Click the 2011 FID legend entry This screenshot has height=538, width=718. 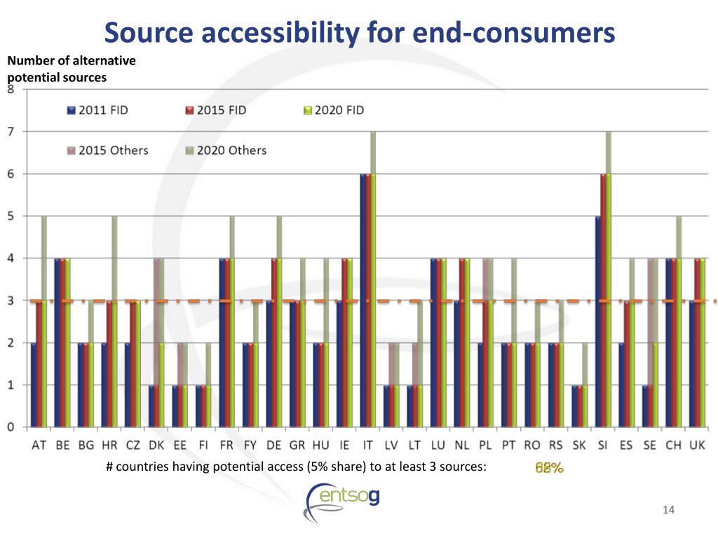pyautogui.click(x=98, y=111)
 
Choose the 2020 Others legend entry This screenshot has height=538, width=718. pyautogui.click(x=227, y=150)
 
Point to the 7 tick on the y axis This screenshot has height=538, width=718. pyautogui.click(x=11, y=132)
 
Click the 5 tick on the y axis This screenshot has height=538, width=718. pyautogui.click(x=11, y=216)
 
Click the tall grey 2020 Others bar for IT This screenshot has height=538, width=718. pyautogui.click(x=373, y=151)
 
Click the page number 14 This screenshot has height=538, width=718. pyautogui.click(x=668, y=510)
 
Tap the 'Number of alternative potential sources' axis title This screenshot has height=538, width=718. pyautogui.click(x=71, y=69)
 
